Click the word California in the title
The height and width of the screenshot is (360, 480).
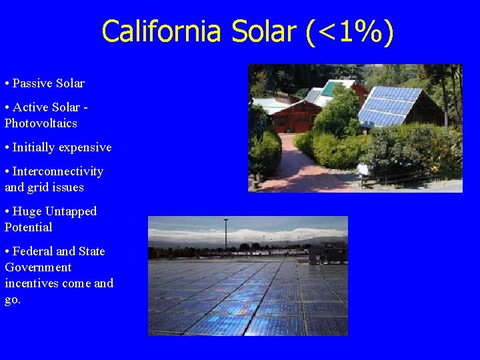pyautogui.click(x=161, y=31)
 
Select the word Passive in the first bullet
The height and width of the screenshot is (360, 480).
pyautogui.click(x=31, y=83)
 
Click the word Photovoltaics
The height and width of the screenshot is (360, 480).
pyautogui.click(x=41, y=123)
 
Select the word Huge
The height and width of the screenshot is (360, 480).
pyautogui.click(x=27, y=211)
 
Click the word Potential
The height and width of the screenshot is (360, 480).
pyautogui.click(x=28, y=227)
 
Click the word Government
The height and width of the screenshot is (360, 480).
pyautogui.click(x=38, y=267)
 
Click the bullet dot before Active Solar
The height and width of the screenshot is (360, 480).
pyautogui.click(x=7, y=107)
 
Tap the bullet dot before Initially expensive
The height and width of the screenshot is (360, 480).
pyautogui.click(x=7, y=147)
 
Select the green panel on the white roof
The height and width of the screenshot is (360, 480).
pyautogui.click(x=329, y=88)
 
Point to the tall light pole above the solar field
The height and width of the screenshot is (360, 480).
pyautogui.click(x=226, y=233)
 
